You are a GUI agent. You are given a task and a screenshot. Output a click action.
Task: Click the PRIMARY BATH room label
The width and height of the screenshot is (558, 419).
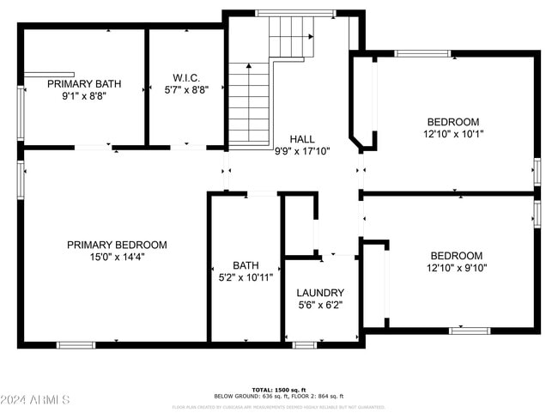84,84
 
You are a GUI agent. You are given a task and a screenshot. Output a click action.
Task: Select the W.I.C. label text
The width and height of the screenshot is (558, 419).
187,76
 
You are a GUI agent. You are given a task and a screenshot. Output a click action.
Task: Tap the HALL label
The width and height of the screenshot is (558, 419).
301,139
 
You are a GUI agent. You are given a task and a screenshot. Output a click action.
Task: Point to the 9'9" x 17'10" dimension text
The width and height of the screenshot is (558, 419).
301,151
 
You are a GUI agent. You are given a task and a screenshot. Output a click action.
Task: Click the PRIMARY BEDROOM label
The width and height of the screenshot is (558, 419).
117,245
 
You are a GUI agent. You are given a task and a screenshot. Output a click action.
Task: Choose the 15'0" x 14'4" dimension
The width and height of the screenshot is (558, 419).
117,257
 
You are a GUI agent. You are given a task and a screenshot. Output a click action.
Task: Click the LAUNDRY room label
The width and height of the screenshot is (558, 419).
321,293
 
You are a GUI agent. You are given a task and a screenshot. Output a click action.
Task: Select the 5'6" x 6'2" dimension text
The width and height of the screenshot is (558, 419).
321,305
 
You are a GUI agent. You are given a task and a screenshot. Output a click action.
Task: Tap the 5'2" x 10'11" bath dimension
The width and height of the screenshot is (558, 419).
246,277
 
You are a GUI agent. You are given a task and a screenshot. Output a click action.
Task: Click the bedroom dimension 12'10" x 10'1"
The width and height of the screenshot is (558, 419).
454,134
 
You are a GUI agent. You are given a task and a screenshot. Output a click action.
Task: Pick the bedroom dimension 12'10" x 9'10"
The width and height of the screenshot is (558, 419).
456,268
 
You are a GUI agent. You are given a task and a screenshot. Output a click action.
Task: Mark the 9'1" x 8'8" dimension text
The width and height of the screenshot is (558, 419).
84,96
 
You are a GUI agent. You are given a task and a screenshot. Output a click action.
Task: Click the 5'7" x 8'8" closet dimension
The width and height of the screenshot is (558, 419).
187,88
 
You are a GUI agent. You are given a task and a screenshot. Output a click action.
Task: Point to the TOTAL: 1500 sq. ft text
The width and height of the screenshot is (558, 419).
278,388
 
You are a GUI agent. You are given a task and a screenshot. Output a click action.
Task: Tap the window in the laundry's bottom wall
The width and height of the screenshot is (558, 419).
304,345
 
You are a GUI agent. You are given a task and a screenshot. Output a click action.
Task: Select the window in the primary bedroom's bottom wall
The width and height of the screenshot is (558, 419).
76,345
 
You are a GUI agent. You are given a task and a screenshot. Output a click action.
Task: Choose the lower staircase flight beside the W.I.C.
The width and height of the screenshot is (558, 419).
249,103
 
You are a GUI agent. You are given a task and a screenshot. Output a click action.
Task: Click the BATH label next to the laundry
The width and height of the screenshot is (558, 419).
246,265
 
